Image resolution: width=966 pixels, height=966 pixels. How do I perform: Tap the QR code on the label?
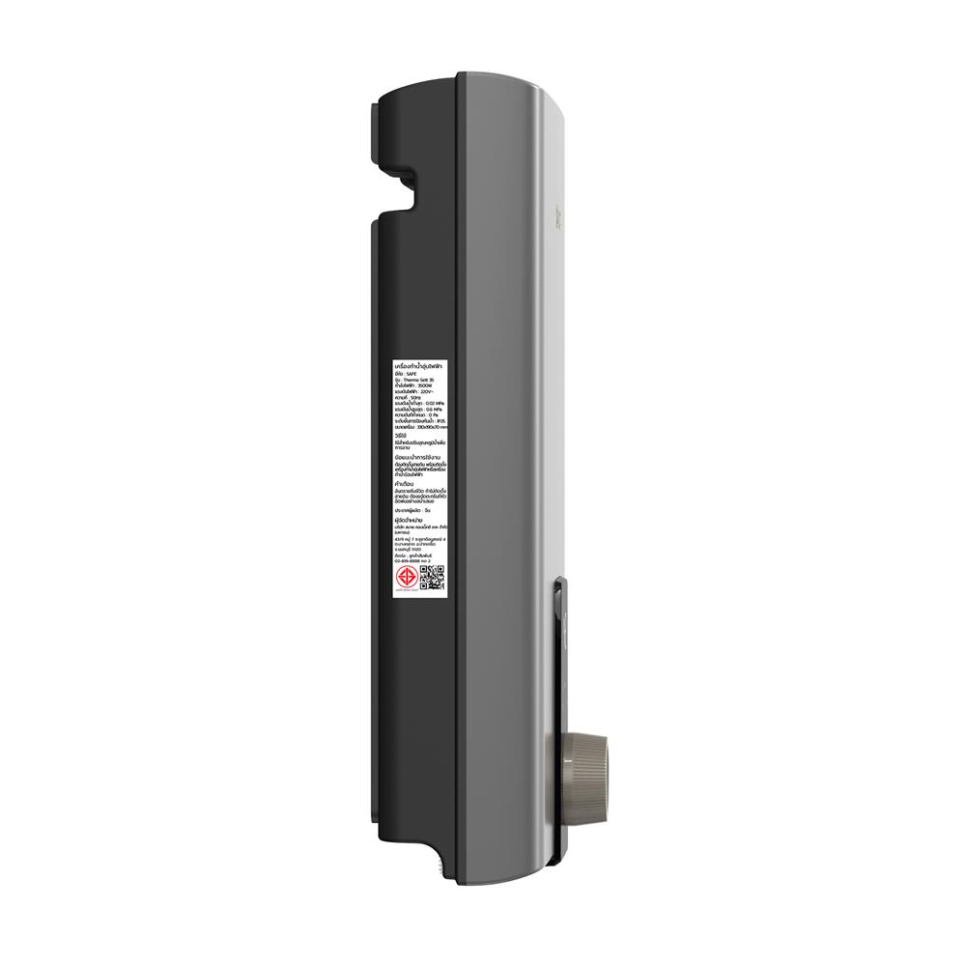pyautogui.click(x=431, y=579)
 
